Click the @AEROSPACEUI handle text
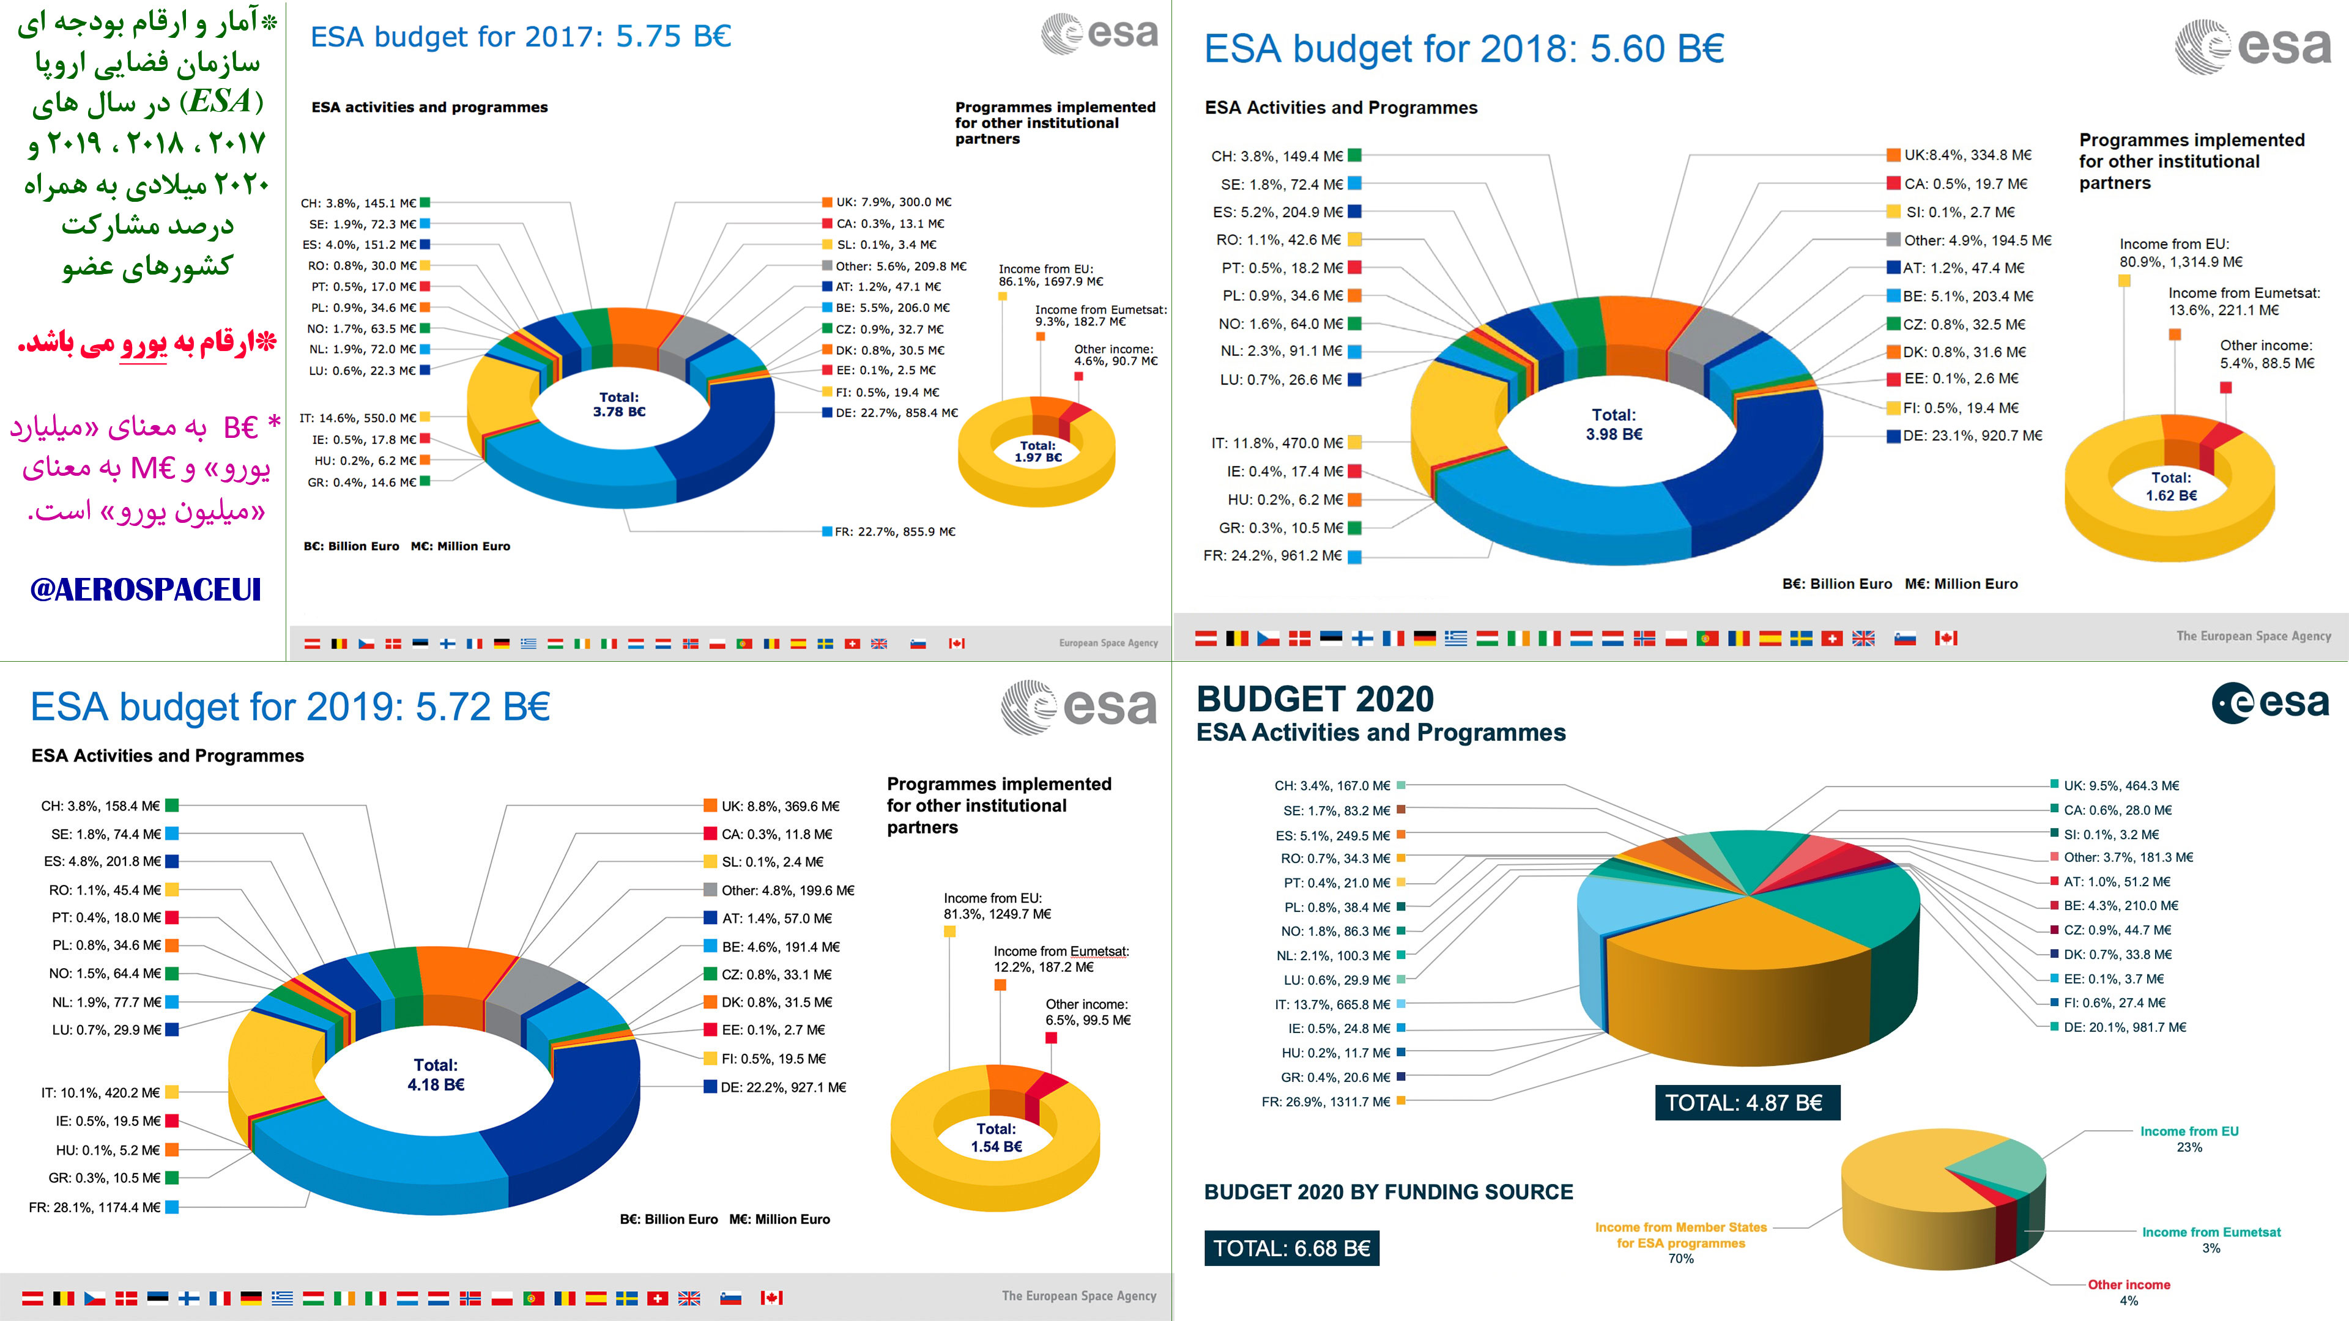146,590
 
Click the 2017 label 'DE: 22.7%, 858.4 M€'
896,413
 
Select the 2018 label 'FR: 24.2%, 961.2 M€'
1273,556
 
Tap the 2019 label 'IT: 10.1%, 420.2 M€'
100,1093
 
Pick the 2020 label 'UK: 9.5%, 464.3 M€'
2121,786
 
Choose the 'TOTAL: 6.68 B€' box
1291,1249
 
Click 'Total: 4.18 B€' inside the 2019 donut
436,1075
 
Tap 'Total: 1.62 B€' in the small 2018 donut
2171,487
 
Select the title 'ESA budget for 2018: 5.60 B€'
1464,49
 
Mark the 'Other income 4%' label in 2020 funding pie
2129,1292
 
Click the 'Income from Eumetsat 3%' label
2211,1240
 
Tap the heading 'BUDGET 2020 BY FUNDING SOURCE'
1388,1193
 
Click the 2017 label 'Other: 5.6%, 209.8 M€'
901,266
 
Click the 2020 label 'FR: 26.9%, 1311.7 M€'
1326,1102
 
